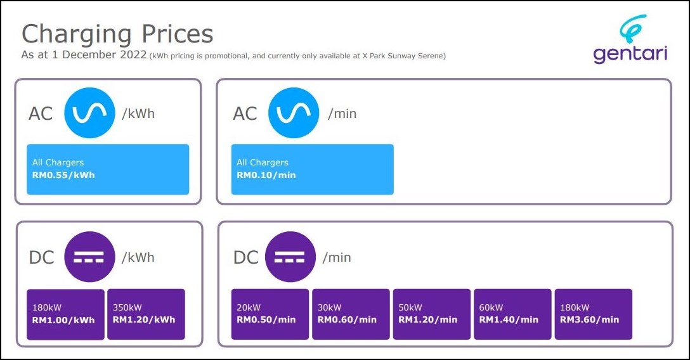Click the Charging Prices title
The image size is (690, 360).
tap(117, 34)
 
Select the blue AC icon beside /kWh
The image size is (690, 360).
tap(89, 113)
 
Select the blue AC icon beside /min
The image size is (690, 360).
tap(294, 113)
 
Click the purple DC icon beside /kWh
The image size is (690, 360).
tap(89, 257)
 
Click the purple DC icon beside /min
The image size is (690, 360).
tap(290, 257)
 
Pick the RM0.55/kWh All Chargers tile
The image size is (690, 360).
tap(108, 169)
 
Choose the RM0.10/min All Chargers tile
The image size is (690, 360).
tap(313, 169)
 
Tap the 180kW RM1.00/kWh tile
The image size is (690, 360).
tap(65, 314)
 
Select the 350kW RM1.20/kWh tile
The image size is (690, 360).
tap(146, 314)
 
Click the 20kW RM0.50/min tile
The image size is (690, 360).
tap(270, 314)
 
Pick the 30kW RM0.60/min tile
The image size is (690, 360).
tap(351, 314)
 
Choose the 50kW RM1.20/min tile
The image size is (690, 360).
tap(432, 314)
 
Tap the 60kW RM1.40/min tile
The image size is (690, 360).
tap(512, 314)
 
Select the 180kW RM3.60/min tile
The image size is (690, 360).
tap(593, 314)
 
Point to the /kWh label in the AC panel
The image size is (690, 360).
tap(138, 113)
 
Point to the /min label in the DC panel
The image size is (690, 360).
tap(337, 257)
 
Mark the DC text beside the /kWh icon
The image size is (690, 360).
tap(41, 257)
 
